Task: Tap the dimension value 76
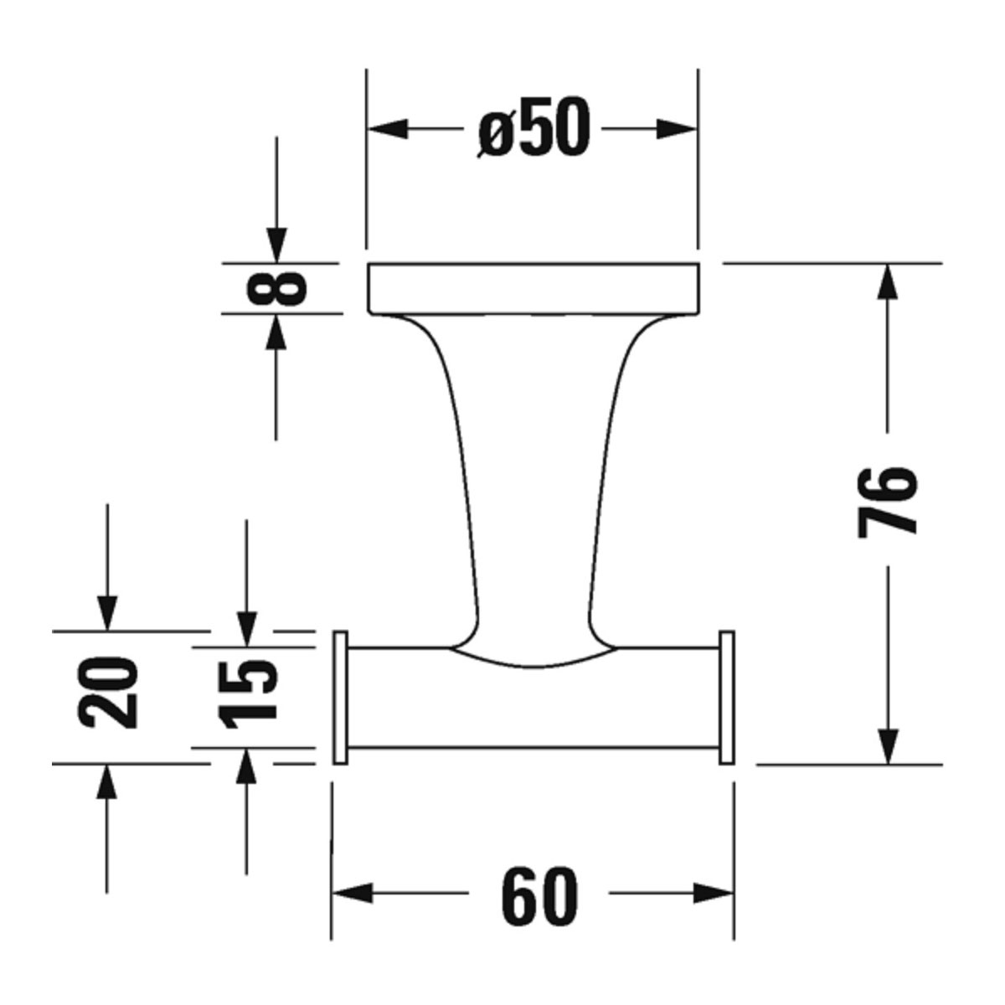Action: pyautogui.click(x=887, y=502)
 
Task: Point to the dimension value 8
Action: pyautogui.click(x=276, y=287)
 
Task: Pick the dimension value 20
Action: pyautogui.click(x=108, y=692)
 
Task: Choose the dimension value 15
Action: pyautogui.click(x=247, y=693)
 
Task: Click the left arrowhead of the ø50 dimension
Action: pyautogui.click(x=388, y=129)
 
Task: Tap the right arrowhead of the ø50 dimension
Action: pyautogui.click(x=677, y=129)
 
